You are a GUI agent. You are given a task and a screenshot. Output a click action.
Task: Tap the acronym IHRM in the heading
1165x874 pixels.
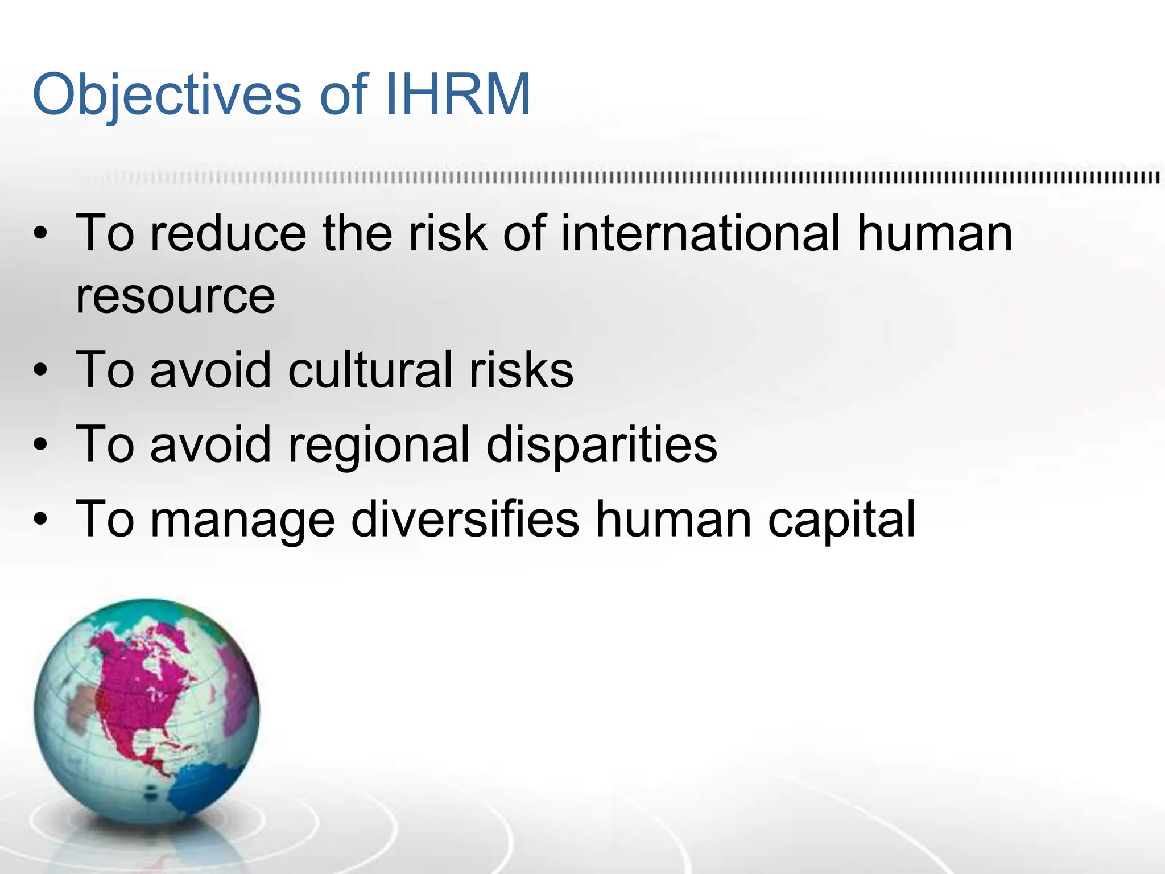coord(457,93)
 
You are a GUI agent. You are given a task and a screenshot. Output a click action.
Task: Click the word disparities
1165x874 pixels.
coord(602,444)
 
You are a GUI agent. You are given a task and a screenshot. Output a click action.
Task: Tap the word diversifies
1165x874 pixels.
coord(465,518)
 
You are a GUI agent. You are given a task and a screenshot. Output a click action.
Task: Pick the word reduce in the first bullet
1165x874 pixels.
coord(228,233)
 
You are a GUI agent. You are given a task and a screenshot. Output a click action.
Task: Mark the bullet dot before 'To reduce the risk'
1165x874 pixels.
coord(40,234)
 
